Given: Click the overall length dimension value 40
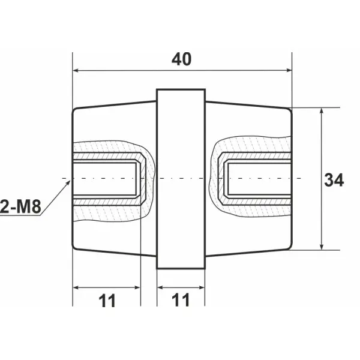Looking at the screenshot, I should point(181,59).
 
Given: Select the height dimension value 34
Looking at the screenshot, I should point(334,179).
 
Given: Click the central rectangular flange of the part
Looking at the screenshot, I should point(181,179).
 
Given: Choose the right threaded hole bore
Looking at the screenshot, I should point(258,179).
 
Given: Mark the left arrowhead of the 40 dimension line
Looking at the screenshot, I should point(74,70).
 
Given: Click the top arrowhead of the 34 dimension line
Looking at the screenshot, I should point(323,110).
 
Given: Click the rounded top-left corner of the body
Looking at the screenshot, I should point(76,111).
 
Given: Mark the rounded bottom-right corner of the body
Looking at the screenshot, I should point(289,247).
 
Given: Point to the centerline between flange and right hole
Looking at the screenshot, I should point(212,179).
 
